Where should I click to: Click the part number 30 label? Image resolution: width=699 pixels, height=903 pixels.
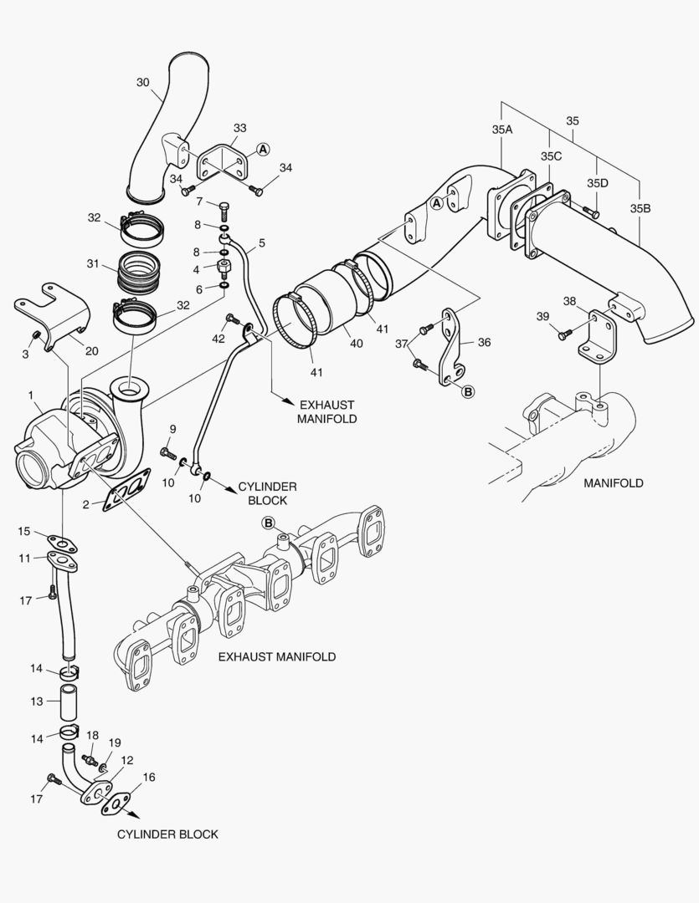143,82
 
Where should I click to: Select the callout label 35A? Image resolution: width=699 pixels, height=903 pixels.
501,130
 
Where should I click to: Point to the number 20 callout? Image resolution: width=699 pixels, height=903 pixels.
91,351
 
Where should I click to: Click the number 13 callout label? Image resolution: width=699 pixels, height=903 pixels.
37,701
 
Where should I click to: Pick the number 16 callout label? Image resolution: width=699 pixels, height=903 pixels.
149,778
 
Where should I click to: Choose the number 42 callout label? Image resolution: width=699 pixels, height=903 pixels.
218,339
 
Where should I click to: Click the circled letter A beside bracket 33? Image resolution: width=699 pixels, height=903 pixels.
263,149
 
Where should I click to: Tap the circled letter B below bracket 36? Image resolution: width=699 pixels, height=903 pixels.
468,390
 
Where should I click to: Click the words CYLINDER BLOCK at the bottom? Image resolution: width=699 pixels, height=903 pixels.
167,834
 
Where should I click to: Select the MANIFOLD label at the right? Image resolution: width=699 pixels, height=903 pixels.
614,483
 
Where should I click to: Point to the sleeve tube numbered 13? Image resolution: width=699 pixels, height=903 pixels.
69,702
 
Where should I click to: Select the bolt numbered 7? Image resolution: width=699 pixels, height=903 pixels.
224,207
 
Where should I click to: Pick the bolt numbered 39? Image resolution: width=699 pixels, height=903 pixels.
563,334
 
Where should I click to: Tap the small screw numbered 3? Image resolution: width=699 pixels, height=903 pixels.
36,336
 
